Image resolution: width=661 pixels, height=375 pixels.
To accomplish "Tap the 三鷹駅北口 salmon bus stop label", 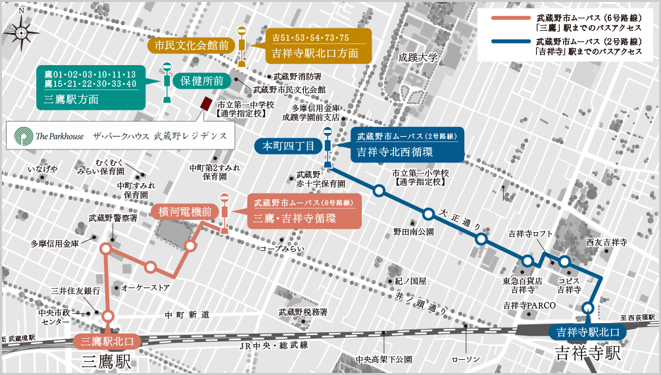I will tap(107, 341).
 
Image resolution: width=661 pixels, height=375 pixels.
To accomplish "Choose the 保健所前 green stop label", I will tap(202, 82).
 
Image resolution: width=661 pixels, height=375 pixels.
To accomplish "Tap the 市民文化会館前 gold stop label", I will tap(191, 45).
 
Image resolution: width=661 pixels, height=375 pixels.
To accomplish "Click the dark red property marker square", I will tap(207, 104).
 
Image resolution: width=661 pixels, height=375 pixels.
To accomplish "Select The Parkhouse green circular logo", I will tap(24, 136).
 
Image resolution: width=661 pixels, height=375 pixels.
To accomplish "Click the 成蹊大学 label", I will tap(417, 58).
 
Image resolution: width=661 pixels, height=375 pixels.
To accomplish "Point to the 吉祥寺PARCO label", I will tap(529, 305).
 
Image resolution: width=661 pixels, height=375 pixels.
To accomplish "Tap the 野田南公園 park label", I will tap(414, 232).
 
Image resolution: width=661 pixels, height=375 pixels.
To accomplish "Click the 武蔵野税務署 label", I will tap(303, 312).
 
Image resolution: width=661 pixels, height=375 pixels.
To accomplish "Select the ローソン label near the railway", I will tap(466, 359).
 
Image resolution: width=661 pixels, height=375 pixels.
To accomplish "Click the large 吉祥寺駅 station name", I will tap(587, 353).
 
